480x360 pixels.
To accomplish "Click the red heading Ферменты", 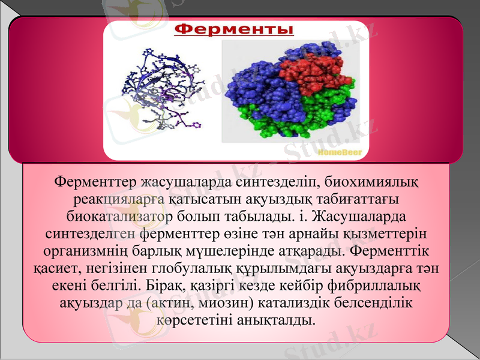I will pyautogui.click(x=234, y=29).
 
